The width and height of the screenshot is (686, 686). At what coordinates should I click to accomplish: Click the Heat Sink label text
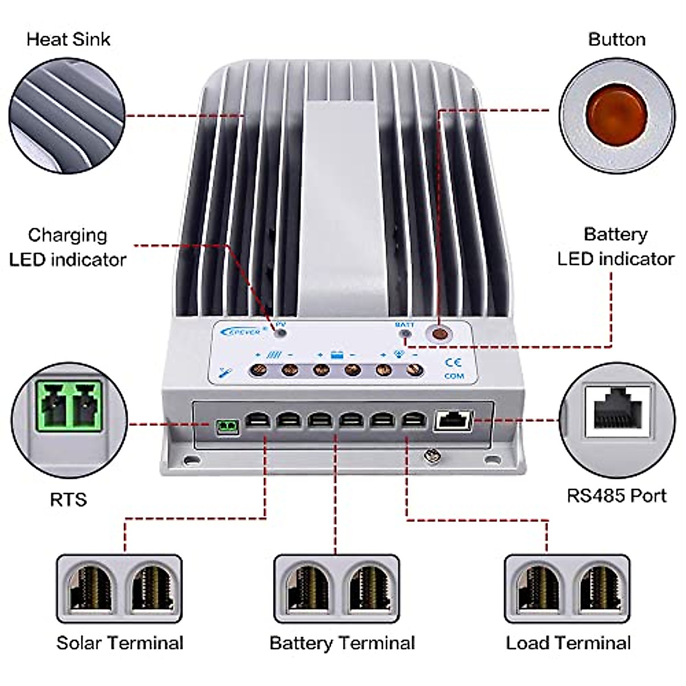click(68, 39)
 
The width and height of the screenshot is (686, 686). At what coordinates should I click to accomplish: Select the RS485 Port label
click(616, 495)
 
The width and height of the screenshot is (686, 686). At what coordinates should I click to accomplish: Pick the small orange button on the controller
click(440, 334)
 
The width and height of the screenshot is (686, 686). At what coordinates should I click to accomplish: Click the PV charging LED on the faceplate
click(280, 332)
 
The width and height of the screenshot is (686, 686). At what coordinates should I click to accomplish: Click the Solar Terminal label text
click(120, 643)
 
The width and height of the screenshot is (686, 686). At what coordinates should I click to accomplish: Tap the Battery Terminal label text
click(342, 643)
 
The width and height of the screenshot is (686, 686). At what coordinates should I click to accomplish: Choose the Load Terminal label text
click(568, 643)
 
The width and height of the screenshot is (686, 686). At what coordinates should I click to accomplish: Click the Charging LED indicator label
click(67, 247)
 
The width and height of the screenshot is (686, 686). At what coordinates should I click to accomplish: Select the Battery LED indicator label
click(616, 246)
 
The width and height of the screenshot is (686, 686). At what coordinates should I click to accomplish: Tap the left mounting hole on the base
click(188, 459)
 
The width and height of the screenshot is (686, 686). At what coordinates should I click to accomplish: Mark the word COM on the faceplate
click(454, 376)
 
